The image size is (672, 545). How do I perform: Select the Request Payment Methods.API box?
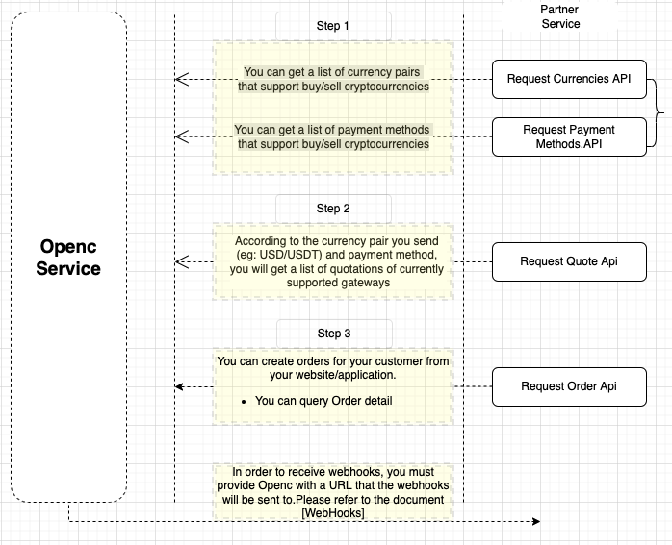[568, 136]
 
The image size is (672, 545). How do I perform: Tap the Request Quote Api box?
[568, 261]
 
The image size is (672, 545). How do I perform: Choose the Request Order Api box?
[568, 386]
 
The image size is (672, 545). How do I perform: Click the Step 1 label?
[333, 26]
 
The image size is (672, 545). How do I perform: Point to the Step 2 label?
[333, 209]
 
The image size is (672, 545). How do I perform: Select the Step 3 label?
[333, 334]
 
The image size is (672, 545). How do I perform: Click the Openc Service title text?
[68, 257]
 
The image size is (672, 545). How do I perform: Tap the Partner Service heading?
[559, 16]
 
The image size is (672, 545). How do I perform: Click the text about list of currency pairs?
[333, 79]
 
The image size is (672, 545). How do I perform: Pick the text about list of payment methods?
[333, 136]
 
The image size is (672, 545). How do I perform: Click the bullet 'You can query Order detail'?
[323, 401]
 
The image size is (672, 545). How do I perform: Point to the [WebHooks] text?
[333, 514]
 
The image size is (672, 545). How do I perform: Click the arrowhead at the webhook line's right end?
[536, 522]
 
